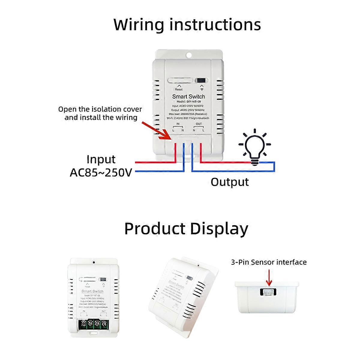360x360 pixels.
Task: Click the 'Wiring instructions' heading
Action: coord(187,25)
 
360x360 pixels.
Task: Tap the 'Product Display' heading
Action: coord(186,229)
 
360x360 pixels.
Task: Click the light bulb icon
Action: coord(254,147)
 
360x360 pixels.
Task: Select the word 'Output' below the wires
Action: coord(229,182)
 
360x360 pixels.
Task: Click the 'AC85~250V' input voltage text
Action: coord(101,172)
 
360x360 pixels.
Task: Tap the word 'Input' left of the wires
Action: coord(101,159)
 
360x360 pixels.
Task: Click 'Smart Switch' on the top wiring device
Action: coord(188,97)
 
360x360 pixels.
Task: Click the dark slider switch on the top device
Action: coord(202,81)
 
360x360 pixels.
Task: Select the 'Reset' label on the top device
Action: coord(178,89)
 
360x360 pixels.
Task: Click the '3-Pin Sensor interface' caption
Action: coord(269,262)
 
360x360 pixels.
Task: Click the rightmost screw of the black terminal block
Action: coord(104,324)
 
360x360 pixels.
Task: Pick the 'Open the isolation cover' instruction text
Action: coord(100,109)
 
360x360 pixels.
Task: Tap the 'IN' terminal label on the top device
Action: coord(178,124)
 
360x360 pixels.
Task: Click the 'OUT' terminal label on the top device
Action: coord(199,124)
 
